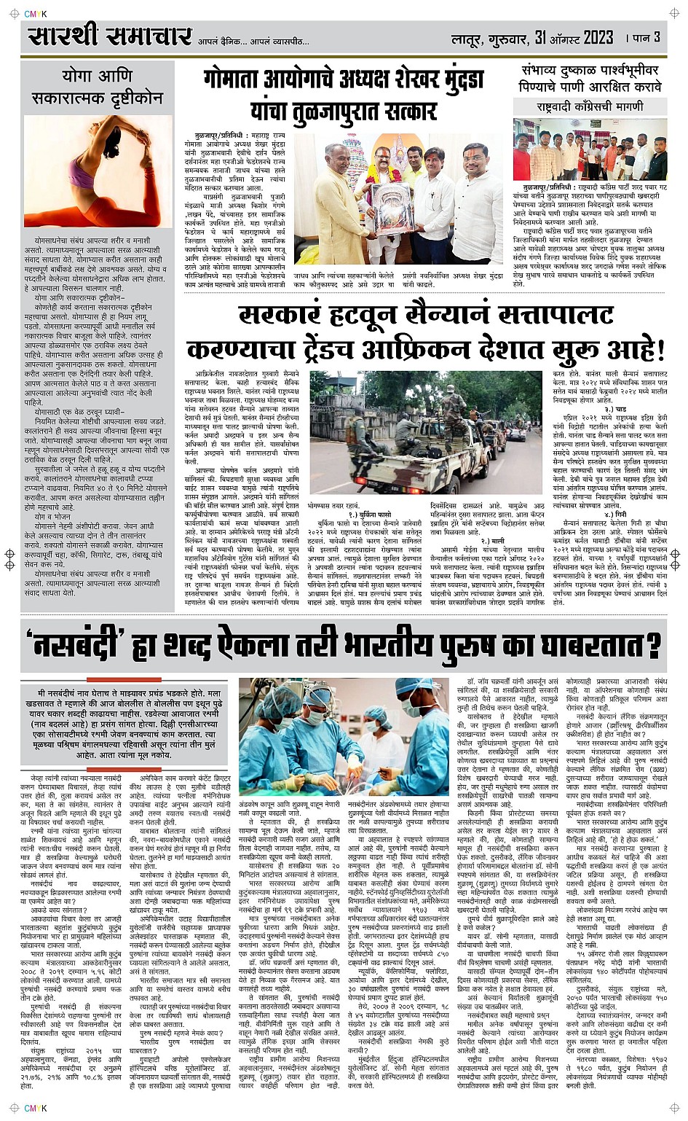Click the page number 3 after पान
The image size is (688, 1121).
click(657, 36)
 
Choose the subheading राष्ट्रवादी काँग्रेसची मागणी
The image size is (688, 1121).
click(590, 106)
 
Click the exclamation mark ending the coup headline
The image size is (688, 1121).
click(660, 351)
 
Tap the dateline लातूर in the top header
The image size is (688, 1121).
click(470, 38)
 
